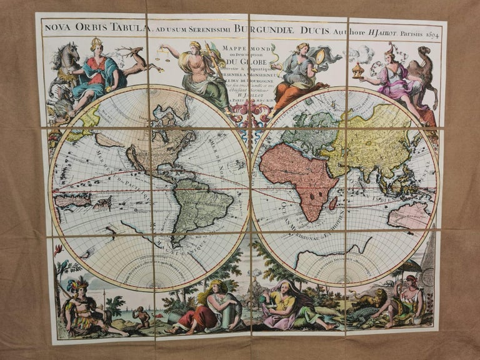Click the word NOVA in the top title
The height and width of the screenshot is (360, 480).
[56, 27]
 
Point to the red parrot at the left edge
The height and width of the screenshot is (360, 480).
[58, 249]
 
